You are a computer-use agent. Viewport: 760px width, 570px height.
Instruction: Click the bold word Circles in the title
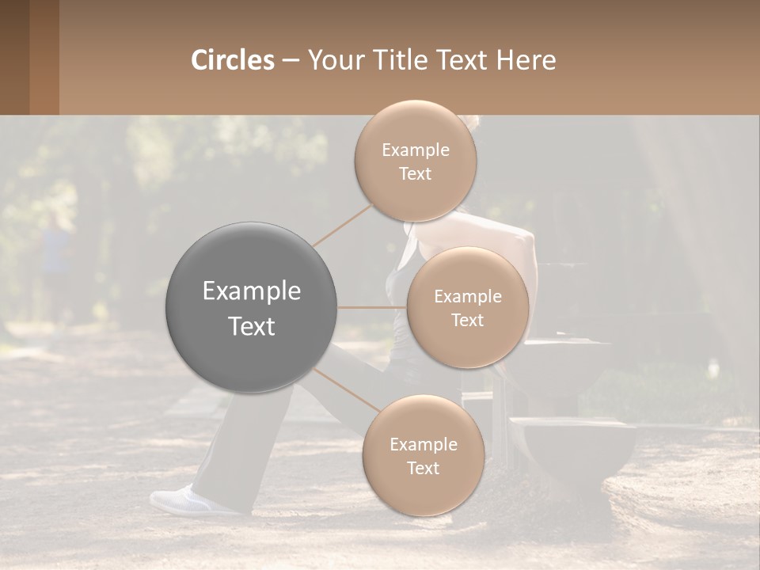click(x=232, y=60)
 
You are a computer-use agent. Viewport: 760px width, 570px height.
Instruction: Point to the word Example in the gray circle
click(x=251, y=291)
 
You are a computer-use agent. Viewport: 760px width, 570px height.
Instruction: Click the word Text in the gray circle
click(x=251, y=326)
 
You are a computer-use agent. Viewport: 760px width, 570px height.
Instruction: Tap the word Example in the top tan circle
click(x=415, y=150)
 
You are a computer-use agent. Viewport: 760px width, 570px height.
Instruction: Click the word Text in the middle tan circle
click(x=467, y=320)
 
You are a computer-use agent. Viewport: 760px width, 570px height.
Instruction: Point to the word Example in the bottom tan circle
click(x=423, y=445)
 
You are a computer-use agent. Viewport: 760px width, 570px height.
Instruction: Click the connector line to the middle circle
click(x=372, y=307)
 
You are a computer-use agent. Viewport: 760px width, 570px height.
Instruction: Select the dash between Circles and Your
click(x=291, y=61)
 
